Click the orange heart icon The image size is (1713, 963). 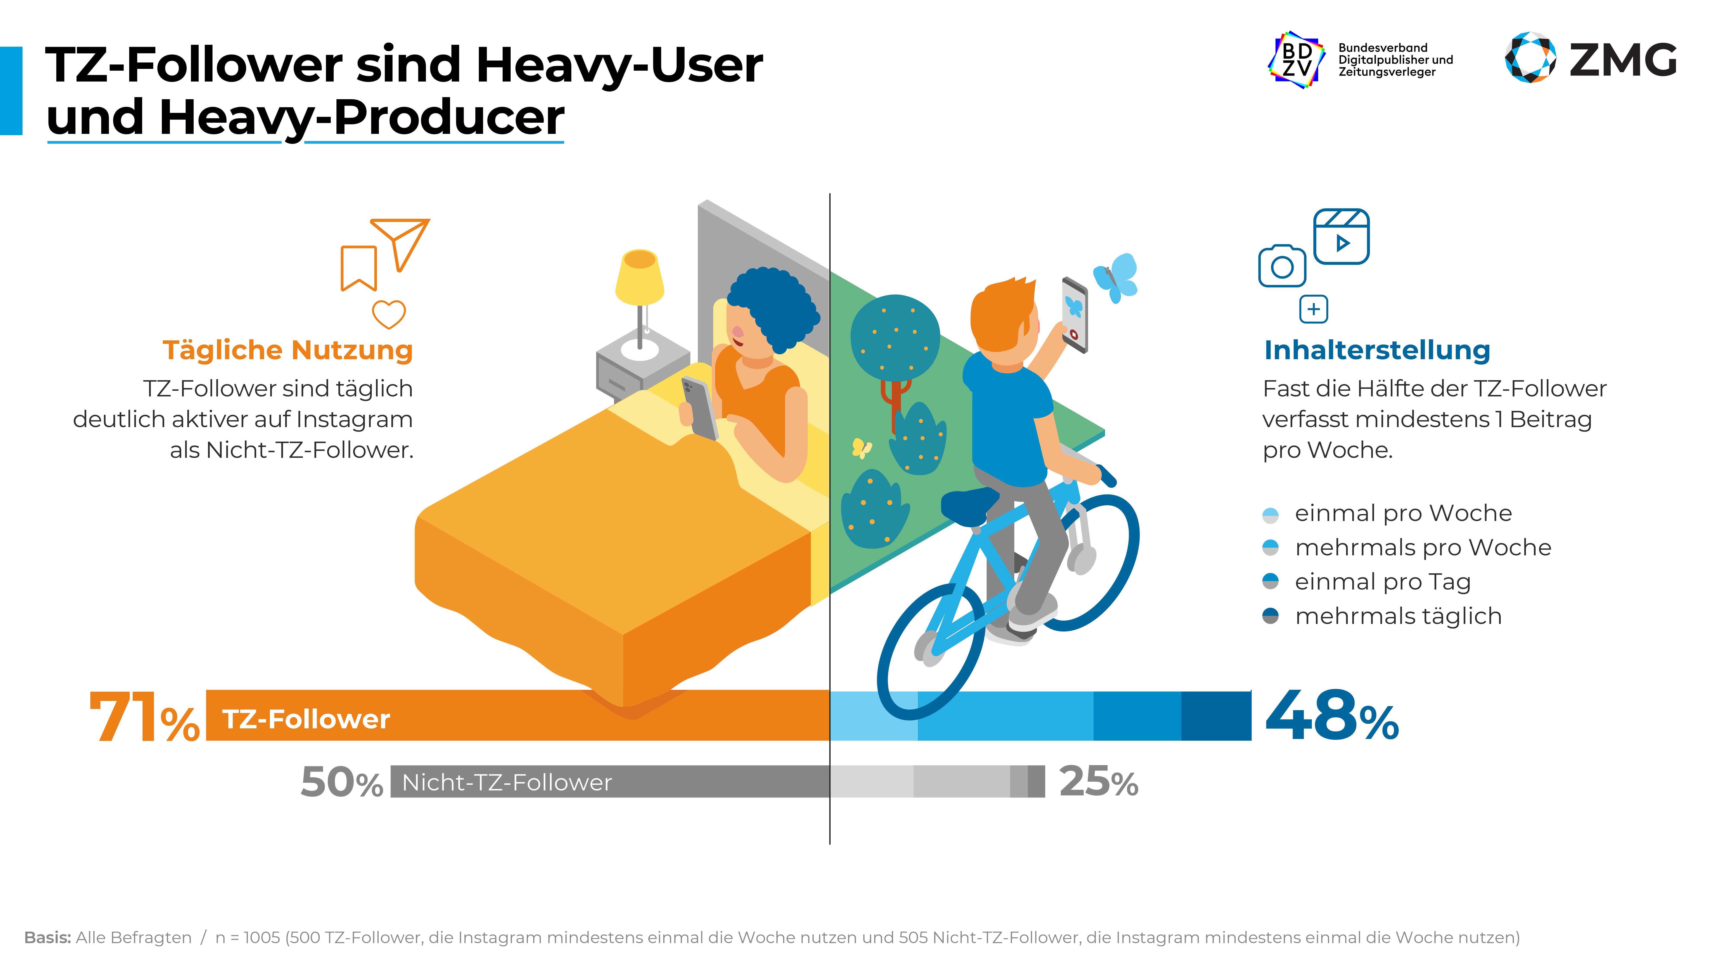pos(388,314)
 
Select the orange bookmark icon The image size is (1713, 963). pos(359,268)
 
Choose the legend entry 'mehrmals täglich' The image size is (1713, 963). pos(1398,616)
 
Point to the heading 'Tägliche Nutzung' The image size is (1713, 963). pos(287,350)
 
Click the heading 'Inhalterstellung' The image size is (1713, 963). pos(1377,350)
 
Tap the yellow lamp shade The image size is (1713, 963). pos(639,278)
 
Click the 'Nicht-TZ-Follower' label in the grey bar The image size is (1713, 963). pos(507,782)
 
